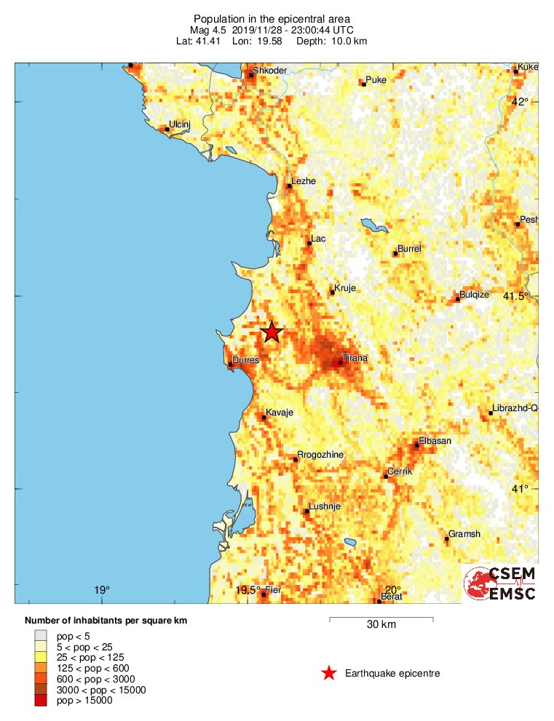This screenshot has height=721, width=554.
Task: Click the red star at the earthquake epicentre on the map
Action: click(272, 332)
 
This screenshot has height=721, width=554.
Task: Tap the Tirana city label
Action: click(355, 358)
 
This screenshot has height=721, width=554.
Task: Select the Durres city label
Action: click(245, 360)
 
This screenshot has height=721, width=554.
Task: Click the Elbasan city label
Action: click(435, 441)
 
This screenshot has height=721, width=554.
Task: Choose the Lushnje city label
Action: click(325, 506)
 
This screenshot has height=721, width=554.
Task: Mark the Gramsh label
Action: click(464, 534)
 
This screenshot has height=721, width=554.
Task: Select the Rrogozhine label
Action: click(320, 455)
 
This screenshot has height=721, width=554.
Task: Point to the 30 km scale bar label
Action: click(381, 624)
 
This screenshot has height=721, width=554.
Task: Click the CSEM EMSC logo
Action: click(500, 583)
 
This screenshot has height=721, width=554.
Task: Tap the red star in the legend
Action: click(329, 674)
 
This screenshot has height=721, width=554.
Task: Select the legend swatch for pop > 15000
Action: click(41, 701)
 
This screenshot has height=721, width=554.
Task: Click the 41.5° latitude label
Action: click(517, 296)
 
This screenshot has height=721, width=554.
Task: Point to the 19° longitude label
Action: click(101, 590)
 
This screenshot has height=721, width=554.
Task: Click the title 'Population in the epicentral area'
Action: click(272, 18)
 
